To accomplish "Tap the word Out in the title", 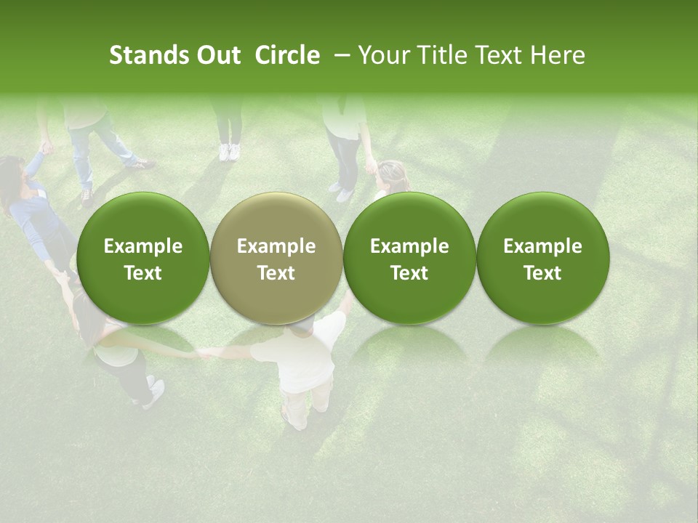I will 217,55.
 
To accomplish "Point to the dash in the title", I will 339,56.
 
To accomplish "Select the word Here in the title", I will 558,55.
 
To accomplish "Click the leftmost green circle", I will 143,259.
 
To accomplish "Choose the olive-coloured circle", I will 276,259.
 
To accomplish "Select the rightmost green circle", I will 543,259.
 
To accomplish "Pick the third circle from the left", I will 409,259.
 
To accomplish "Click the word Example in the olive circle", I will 276,246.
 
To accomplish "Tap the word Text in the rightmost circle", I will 543,273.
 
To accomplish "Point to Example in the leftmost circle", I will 143,246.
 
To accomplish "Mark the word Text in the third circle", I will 409,273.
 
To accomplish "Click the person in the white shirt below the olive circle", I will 305,363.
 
